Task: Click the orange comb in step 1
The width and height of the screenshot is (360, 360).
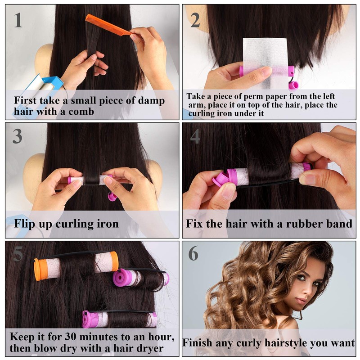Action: click(108, 24)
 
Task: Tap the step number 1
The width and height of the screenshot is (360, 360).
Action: click(18, 20)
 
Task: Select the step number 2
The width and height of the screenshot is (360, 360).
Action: click(195, 20)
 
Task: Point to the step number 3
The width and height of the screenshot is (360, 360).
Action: click(18, 136)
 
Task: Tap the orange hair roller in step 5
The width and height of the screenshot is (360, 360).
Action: click(76, 266)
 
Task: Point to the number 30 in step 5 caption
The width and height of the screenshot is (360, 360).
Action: click(71, 337)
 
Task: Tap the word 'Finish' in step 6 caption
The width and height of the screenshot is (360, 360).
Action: click(198, 343)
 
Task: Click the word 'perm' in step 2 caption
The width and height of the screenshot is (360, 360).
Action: click(254, 96)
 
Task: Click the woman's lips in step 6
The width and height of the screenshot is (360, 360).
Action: click(301, 300)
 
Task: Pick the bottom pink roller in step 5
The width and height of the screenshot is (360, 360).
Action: click(120, 319)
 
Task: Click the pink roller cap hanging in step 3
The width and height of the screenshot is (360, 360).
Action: click(112, 197)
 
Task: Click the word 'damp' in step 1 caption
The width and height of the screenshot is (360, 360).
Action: click(151, 101)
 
